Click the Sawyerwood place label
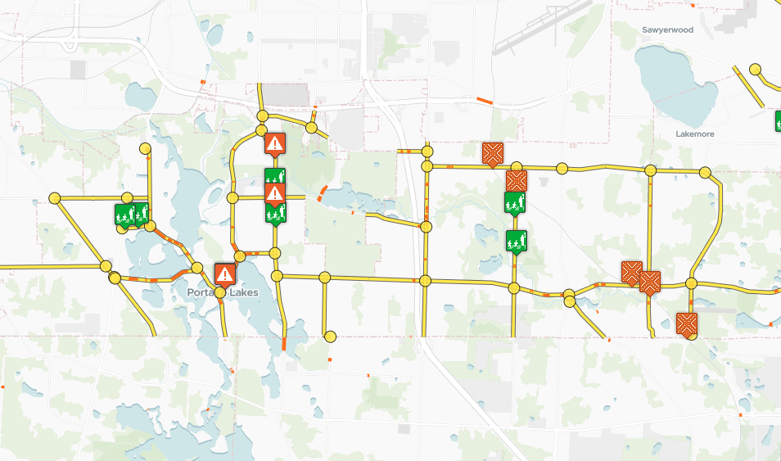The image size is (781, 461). tap(667, 29)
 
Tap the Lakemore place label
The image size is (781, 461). tap(696, 133)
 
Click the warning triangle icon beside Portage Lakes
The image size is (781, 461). tap(224, 273)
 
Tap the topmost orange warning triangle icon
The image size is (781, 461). tap(275, 144)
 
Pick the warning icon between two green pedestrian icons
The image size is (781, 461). tap(275, 193)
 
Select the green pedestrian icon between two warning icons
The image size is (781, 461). tap(275, 177)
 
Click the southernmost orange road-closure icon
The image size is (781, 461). tap(686, 323)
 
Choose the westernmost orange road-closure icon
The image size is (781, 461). tap(493, 152)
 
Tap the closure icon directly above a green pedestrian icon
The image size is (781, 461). tap(516, 180)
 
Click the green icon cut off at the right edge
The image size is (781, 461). tap(777, 120)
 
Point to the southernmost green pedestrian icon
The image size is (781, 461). tap(515, 242)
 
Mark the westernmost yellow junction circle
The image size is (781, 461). tap(55, 198)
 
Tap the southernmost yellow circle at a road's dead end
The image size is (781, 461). tap(330, 336)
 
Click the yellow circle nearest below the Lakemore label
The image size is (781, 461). tap(705, 173)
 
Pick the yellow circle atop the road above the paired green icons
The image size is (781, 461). tap(145, 149)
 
